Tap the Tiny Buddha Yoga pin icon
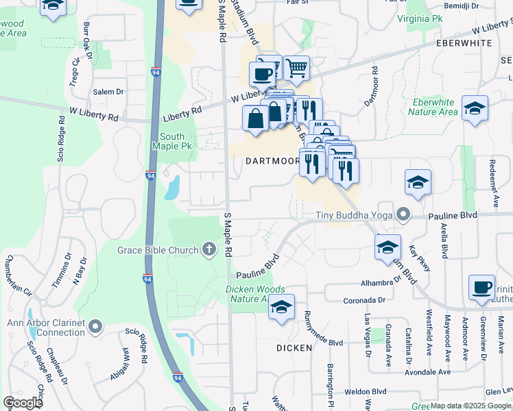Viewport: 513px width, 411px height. point(404,216)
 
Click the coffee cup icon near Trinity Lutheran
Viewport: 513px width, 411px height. point(481,287)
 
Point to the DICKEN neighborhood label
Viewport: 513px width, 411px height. point(294,348)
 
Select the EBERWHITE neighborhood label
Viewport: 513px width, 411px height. point(464,42)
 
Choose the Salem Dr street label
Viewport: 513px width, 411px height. point(108,91)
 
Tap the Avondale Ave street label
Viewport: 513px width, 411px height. point(424,372)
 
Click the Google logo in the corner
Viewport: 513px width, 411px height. point(23,402)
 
